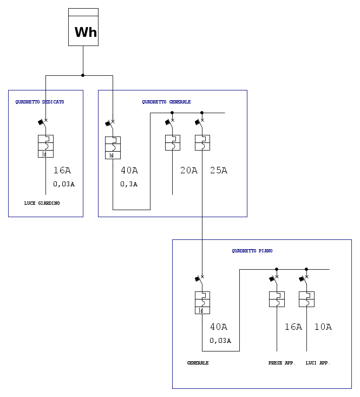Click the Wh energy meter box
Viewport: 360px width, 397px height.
click(x=83, y=27)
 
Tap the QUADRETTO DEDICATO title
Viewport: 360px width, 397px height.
click(x=40, y=102)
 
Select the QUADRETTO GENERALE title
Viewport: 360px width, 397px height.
click(x=166, y=102)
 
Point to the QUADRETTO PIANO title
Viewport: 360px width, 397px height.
click(x=252, y=251)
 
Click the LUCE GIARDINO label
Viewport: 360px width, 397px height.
click(x=42, y=203)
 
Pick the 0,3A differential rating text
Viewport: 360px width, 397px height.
click(x=129, y=184)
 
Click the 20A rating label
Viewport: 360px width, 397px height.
click(x=189, y=171)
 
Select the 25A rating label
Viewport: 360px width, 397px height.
click(x=219, y=171)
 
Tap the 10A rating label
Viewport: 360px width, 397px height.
click(x=323, y=327)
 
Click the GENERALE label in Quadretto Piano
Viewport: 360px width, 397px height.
click(x=198, y=363)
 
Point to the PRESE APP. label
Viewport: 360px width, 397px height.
click(x=282, y=363)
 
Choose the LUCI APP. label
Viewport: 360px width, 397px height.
click(x=318, y=363)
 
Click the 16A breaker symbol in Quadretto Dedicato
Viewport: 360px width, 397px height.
click(x=45, y=146)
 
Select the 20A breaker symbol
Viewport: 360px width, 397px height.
click(x=172, y=142)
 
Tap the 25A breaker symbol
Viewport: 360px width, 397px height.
click(x=202, y=142)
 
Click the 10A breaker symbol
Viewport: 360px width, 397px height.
click(x=306, y=299)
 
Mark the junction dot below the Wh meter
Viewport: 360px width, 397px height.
click(x=83, y=75)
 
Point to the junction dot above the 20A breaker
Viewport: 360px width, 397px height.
click(x=172, y=113)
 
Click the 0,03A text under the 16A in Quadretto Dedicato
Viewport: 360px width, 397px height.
click(x=64, y=184)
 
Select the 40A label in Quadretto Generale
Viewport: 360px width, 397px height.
click(x=129, y=171)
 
